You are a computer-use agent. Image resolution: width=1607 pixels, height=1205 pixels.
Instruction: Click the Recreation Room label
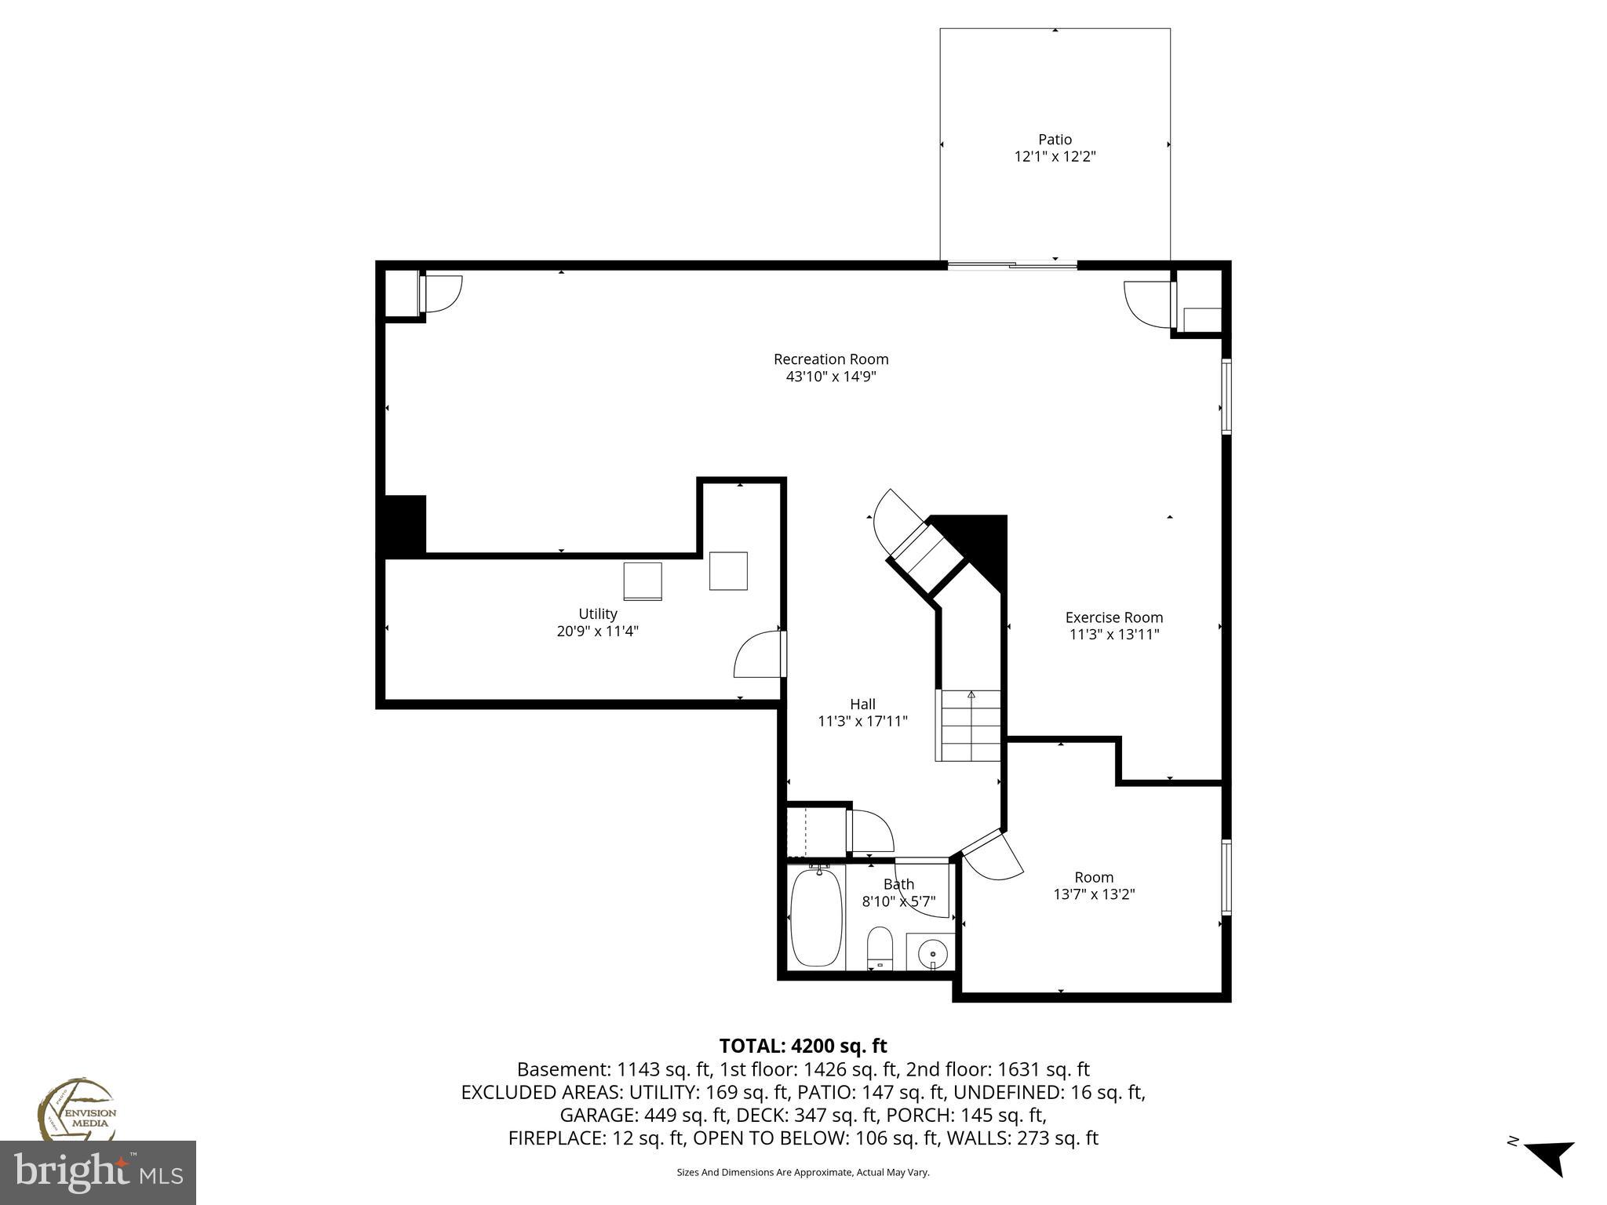(x=830, y=359)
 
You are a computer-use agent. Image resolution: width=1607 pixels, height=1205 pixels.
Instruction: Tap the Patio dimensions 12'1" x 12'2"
(x=1055, y=157)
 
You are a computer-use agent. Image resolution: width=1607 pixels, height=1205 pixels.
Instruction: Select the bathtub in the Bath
(x=816, y=917)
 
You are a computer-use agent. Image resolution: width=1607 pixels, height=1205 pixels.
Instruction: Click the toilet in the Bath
(x=880, y=948)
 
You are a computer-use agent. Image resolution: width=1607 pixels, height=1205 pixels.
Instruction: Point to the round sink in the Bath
(x=932, y=954)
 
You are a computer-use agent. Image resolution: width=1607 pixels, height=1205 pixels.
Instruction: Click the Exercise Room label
(x=1113, y=617)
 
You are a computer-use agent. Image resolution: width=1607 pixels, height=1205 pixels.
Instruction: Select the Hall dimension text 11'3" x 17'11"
(x=862, y=721)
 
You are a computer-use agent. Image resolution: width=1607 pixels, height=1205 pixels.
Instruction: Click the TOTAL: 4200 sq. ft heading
(x=803, y=1046)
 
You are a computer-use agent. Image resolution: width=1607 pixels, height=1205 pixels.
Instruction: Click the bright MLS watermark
(x=98, y=1173)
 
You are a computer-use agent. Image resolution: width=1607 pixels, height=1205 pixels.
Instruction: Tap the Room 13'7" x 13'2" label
(x=1094, y=877)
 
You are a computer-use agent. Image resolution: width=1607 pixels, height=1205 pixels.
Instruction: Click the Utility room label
(x=598, y=613)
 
